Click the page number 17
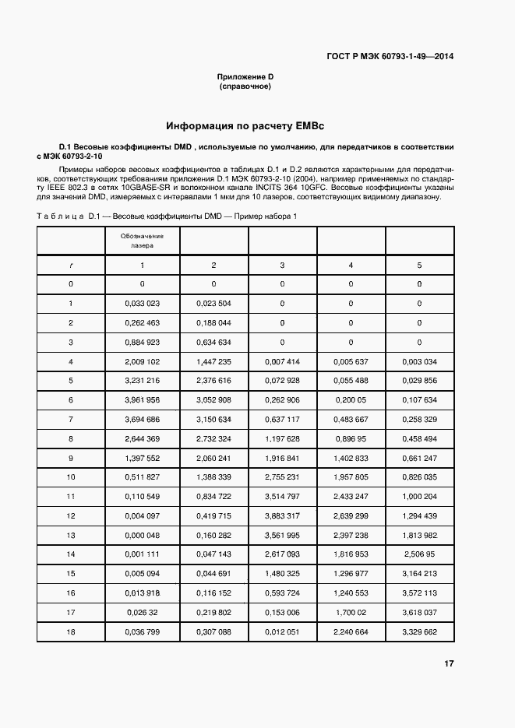point(449,663)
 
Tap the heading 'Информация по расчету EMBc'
point(245,125)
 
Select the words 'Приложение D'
point(245,76)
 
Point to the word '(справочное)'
point(245,86)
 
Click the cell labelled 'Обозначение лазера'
point(142,240)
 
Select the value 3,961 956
point(142,399)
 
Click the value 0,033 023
point(142,304)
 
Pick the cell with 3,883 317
point(282,516)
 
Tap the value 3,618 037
point(419,612)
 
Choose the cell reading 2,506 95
point(419,554)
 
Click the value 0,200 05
point(351,399)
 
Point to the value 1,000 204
point(419,496)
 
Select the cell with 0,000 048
point(142,536)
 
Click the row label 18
point(71,631)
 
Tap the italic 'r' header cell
point(71,266)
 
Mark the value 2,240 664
point(351,631)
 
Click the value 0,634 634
point(213,342)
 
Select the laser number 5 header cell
point(419,266)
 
